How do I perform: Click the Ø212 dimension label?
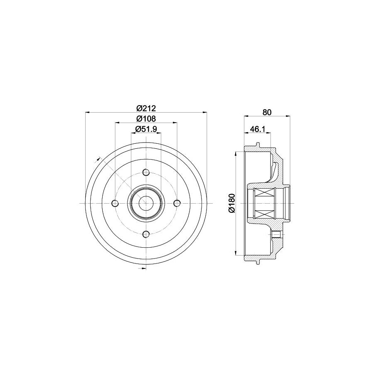(146, 108)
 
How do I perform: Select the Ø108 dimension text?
(146, 118)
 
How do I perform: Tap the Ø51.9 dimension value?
(146, 129)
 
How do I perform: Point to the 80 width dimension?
(267, 112)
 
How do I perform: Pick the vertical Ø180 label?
(231, 203)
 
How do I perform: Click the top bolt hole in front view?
(146, 172)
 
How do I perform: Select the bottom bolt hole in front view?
(146, 234)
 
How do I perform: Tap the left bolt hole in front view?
(115, 203)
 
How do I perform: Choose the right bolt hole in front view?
(177, 203)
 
